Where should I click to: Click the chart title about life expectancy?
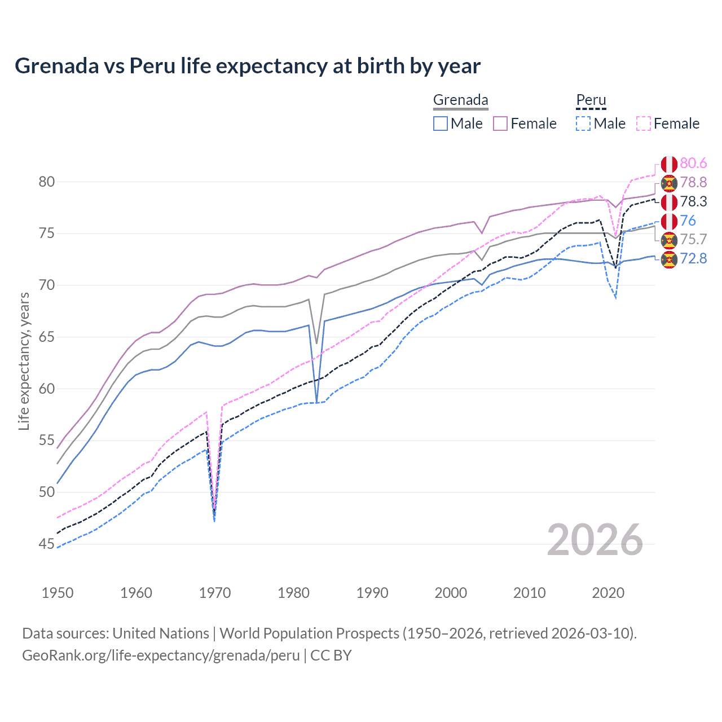pyautogui.click(x=248, y=66)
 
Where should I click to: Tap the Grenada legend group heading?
pyautogui.click(x=460, y=100)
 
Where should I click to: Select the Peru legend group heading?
pyautogui.click(x=591, y=100)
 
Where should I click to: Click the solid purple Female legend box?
pyautogui.click(x=500, y=124)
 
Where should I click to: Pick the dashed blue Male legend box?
pyautogui.click(x=583, y=124)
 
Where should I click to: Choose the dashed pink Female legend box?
pyautogui.click(x=644, y=124)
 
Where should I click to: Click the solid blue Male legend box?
pyautogui.click(x=441, y=124)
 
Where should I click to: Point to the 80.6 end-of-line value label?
pyautogui.click(x=693, y=164)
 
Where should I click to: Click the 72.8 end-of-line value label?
pyautogui.click(x=693, y=259)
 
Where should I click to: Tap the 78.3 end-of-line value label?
pyautogui.click(x=693, y=201)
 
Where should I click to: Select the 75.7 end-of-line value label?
pyautogui.click(x=693, y=239)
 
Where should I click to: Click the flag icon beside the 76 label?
pyautogui.click(x=669, y=221)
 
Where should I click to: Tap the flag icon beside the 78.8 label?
pyautogui.click(x=669, y=183)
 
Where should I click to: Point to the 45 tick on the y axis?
pyautogui.click(x=47, y=544)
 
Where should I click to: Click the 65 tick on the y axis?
pyautogui.click(x=47, y=337)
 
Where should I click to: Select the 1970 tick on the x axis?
pyautogui.click(x=215, y=593)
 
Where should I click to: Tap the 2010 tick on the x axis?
pyautogui.click(x=529, y=593)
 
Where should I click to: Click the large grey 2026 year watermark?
pyautogui.click(x=595, y=540)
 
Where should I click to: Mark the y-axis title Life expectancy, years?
pyautogui.click(x=24, y=361)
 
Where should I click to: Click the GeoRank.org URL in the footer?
pyautogui.click(x=161, y=655)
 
